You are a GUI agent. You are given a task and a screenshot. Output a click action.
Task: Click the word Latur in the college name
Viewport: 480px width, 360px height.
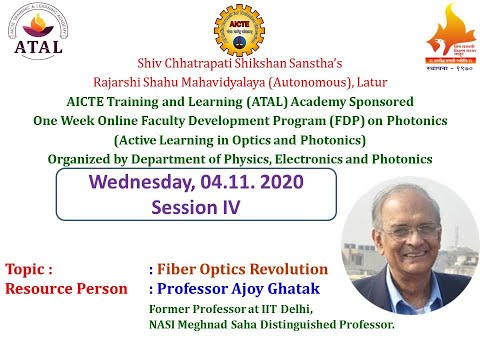point(371,82)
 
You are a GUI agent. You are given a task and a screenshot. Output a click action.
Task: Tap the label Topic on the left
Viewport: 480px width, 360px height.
point(29,270)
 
